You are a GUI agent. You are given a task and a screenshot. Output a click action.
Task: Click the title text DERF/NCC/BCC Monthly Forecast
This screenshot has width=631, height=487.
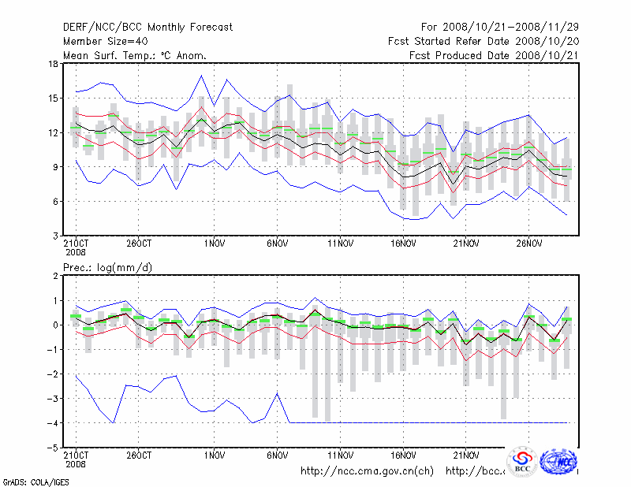coord(148,28)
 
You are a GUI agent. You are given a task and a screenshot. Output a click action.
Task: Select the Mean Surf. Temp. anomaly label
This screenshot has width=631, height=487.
coord(136,56)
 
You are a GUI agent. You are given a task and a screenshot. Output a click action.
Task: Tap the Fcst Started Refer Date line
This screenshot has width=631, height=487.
coord(484,42)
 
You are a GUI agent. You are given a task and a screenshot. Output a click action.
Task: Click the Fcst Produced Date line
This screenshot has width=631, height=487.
coord(494,56)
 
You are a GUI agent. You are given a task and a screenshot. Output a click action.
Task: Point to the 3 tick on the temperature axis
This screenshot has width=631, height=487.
coord(54,236)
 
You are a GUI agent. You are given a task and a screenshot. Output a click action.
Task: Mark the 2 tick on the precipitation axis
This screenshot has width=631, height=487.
coord(54,276)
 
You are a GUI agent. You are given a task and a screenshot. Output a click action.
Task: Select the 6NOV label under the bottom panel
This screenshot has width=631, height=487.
coord(277,455)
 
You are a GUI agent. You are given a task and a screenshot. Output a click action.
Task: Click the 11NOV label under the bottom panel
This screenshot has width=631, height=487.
coord(339,455)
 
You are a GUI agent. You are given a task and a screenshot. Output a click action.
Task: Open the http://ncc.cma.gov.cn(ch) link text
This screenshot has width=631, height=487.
coord(368,471)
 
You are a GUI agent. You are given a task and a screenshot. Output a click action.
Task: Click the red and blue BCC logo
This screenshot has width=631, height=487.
coord(522,463)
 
